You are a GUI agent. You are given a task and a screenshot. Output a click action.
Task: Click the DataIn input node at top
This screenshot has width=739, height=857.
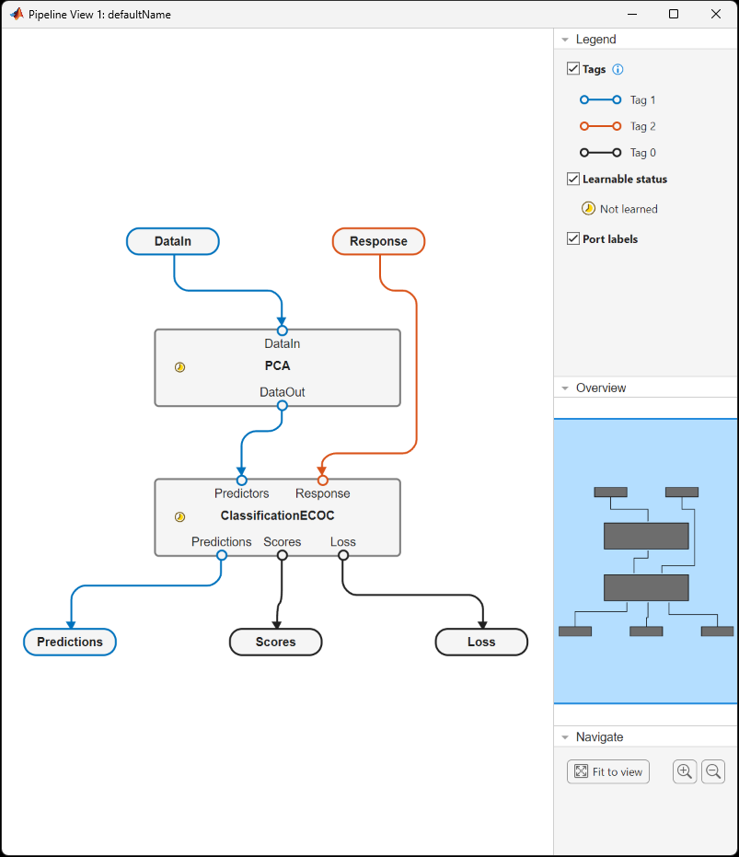pos(173,241)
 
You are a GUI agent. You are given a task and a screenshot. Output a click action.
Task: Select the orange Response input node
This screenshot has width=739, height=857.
pos(378,241)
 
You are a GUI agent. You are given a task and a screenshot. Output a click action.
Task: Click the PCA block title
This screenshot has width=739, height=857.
pos(277,365)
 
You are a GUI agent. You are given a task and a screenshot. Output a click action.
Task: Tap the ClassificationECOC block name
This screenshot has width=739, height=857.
pos(277,515)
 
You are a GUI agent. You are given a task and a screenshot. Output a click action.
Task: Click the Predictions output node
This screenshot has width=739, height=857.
pos(70,642)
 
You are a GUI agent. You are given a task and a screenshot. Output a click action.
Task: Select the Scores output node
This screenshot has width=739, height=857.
pos(275,642)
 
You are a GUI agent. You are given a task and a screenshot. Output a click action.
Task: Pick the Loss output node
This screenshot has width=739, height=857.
pos(481,642)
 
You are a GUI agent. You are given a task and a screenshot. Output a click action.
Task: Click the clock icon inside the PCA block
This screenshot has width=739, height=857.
pos(180,367)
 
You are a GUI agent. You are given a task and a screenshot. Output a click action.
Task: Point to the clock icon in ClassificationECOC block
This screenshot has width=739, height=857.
pos(180,517)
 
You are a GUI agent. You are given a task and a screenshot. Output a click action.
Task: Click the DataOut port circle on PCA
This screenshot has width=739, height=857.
pos(283,406)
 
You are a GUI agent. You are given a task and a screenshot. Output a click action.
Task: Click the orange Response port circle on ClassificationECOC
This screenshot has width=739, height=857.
pos(322,480)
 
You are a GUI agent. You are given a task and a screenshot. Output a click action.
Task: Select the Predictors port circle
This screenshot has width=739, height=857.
pos(242,480)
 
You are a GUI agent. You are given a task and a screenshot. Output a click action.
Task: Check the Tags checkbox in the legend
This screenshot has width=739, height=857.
pos(573,69)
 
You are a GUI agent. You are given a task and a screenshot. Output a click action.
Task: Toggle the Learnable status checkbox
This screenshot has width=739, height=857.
pos(573,179)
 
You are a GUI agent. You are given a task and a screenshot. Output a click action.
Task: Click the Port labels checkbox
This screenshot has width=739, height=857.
pos(573,238)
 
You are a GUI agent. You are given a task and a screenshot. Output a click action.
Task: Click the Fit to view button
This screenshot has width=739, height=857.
pos(608,771)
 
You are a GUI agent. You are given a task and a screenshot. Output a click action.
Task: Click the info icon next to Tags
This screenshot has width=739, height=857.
pos(618,69)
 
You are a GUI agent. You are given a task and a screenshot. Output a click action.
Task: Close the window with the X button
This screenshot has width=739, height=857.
pos(716,14)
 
